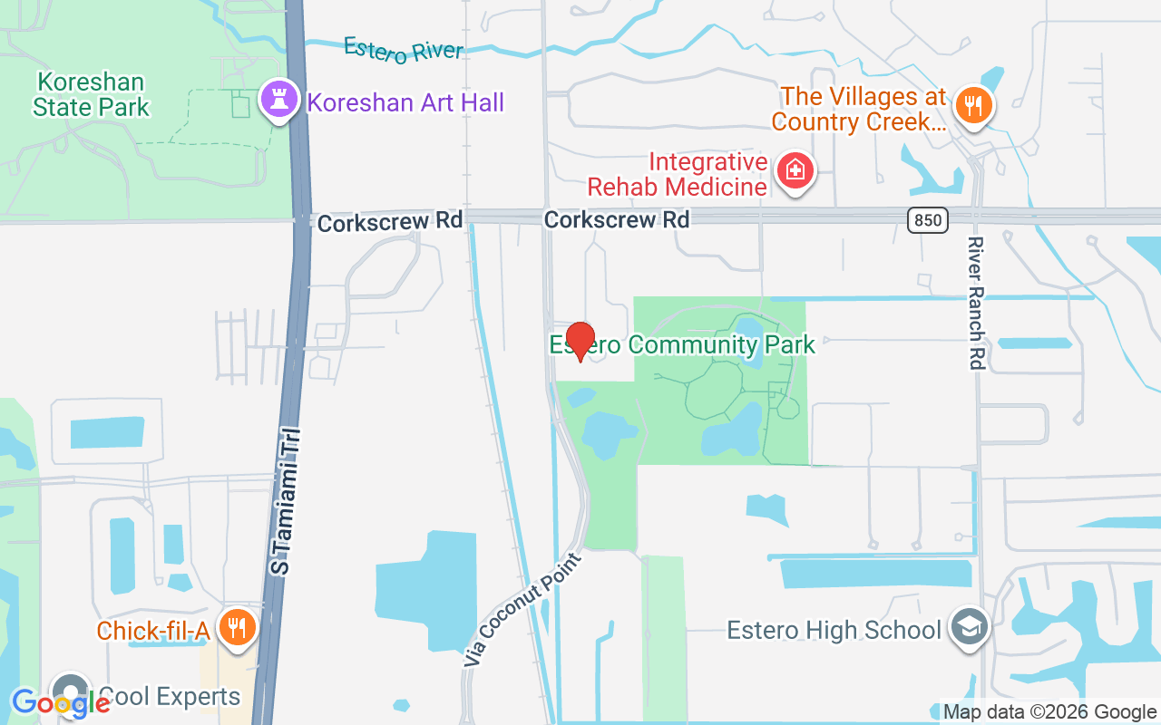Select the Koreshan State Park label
click(90, 95)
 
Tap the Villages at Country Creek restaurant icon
click(974, 107)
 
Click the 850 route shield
click(926, 219)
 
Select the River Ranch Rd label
click(976, 303)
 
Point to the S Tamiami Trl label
click(288, 502)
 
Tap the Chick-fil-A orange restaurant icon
click(237, 627)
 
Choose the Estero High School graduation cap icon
click(969, 627)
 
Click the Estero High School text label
click(834, 630)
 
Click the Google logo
click(61, 701)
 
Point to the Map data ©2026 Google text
click(1049, 712)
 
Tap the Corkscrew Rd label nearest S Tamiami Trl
click(390, 220)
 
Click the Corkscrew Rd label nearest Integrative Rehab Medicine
click(617, 219)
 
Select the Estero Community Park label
click(682, 344)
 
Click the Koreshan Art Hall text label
click(405, 101)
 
